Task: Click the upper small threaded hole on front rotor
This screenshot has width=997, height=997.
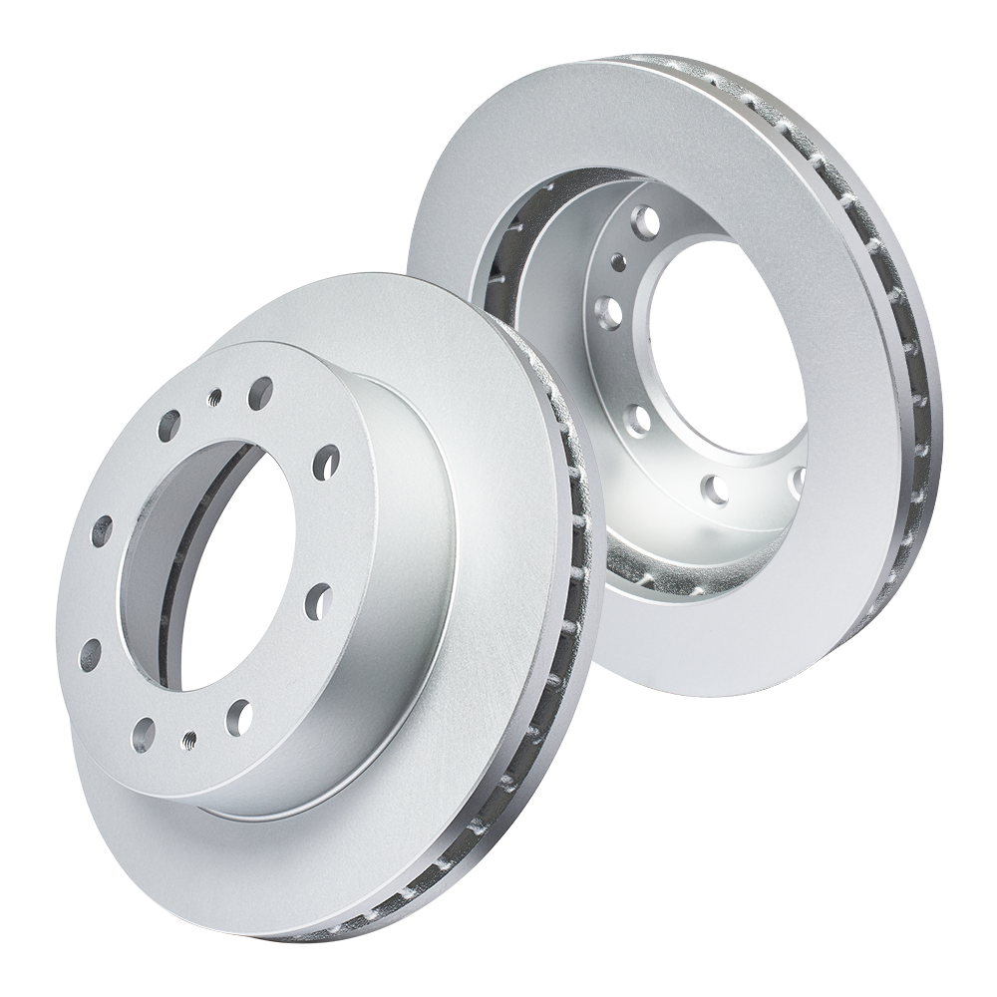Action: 213,398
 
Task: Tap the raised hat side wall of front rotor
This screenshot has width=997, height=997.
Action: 399,598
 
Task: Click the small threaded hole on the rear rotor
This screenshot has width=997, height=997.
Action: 618,261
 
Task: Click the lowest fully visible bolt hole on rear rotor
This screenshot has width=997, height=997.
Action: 714,488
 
